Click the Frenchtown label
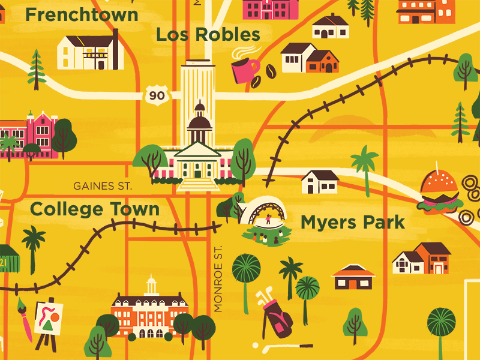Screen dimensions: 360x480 (82, 14)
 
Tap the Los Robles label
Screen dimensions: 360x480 (208, 34)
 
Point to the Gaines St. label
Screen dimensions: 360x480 (102, 186)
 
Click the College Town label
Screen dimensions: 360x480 (95, 209)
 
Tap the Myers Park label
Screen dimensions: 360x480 (352, 223)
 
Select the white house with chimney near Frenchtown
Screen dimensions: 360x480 (91, 52)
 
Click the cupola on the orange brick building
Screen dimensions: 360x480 (151, 284)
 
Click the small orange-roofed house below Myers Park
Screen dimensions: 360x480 (353, 277)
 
